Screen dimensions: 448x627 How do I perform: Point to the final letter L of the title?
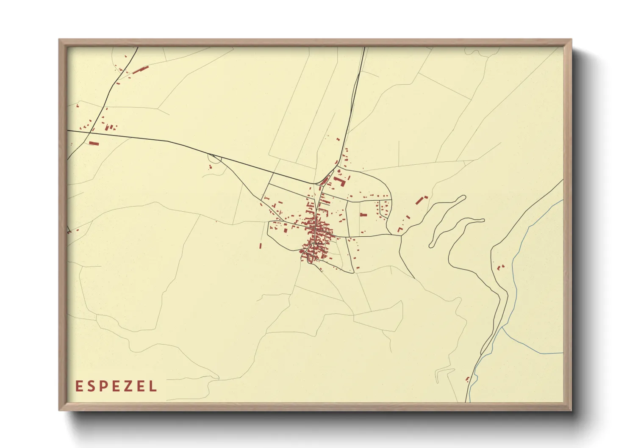[154, 386]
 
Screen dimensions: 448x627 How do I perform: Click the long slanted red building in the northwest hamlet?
[141, 69]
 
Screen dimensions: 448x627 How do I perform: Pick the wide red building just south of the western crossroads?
[94, 144]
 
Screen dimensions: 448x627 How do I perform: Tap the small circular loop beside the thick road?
[214, 158]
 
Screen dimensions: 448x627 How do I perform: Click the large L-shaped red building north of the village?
[339, 181]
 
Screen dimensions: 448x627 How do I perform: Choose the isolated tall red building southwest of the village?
[260, 246]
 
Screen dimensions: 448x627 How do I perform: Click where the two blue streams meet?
[502, 326]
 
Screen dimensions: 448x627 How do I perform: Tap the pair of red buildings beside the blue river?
[500, 267]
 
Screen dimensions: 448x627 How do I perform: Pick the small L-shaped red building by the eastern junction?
[400, 230]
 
